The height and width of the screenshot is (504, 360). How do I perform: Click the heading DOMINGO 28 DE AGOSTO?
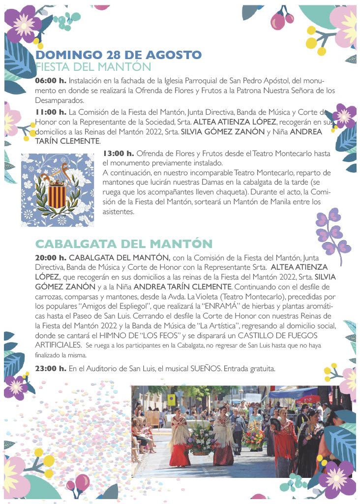click(x=118, y=55)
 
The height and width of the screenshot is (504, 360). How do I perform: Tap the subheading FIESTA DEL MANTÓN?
click(x=93, y=66)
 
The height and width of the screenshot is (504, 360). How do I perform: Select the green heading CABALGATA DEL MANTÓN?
click(x=123, y=244)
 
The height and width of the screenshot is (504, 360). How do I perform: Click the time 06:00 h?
click(x=51, y=80)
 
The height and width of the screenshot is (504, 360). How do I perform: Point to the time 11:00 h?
click(x=51, y=112)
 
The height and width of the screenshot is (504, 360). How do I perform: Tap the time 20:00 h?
click(x=51, y=257)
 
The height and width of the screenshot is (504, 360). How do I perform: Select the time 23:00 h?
click(x=51, y=369)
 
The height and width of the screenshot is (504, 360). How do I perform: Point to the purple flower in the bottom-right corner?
click(x=337, y=478)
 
